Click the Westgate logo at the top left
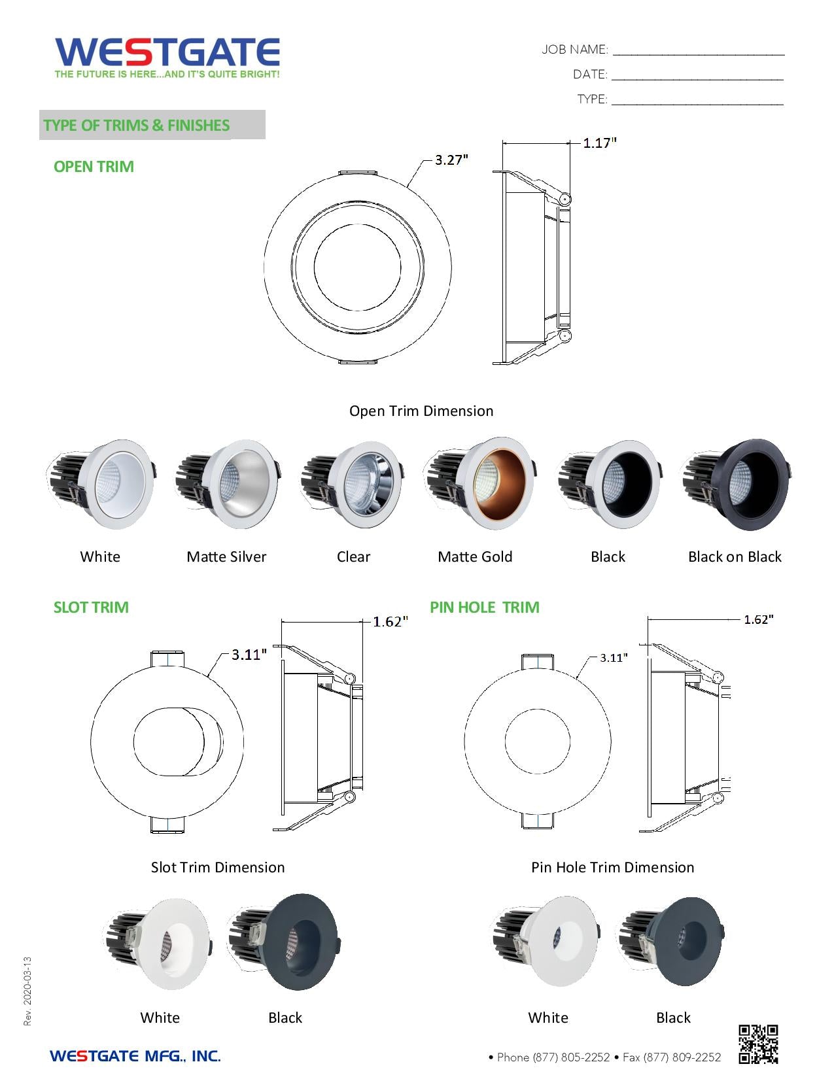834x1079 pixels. (167, 58)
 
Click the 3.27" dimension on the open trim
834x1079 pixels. (451, 160)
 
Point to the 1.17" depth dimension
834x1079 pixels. (599, 143)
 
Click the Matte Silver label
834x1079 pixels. (226, 557)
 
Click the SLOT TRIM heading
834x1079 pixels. (91, 607)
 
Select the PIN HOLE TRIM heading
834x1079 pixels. (484, 607)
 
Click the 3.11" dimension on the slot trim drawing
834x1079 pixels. (249, 655)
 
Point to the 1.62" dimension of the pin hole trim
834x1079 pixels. (758, 619)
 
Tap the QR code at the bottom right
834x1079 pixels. (758, 1044)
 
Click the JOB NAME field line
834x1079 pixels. (698, 51)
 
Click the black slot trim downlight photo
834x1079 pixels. (285, 942)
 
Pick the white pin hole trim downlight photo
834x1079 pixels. (547, 942)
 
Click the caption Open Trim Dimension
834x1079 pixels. (421, 411)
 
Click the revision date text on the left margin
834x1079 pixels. (27, 991)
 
